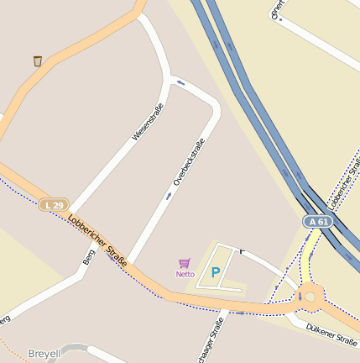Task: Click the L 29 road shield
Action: (54, 205)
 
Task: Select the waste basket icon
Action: (38, 60)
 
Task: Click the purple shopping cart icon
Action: (185, 263)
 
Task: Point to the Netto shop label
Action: (185, 274)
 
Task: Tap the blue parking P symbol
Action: (216, 272)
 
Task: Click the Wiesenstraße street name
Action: (147, 121)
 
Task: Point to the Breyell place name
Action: (44, 355)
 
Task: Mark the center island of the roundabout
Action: (311, 296)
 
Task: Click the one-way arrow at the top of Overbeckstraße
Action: (180, 82)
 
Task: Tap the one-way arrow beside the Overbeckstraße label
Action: (169, 196)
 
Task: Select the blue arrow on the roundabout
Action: (300, 297)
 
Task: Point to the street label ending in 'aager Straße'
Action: (211, 339)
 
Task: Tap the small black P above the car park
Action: (242, 250)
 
